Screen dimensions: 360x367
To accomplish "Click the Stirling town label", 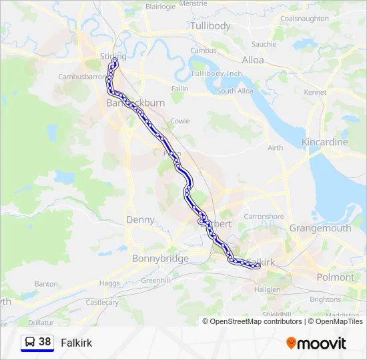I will (111, 57).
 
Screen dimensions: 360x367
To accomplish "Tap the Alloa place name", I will (253, 60).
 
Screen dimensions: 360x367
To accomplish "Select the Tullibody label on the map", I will (210, 26).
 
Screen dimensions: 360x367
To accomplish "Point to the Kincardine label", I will (325, 143).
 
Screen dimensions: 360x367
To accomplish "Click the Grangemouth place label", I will (320, 228).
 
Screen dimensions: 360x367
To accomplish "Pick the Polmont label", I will (336, 277).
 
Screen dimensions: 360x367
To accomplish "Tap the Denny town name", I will (140, 220).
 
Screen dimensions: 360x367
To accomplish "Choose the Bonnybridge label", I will (160, 259).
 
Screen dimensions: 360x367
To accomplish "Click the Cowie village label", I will (180, 121).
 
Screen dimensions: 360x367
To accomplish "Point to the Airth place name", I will (274, 148).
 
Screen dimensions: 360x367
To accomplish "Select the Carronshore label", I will (264, 217).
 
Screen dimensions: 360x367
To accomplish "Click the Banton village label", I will (45, 284).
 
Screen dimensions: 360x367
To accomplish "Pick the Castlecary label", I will (102, 303).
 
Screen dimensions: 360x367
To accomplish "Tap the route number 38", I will (45, 342).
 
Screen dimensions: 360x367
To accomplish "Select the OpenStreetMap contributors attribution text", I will (256, 321).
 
